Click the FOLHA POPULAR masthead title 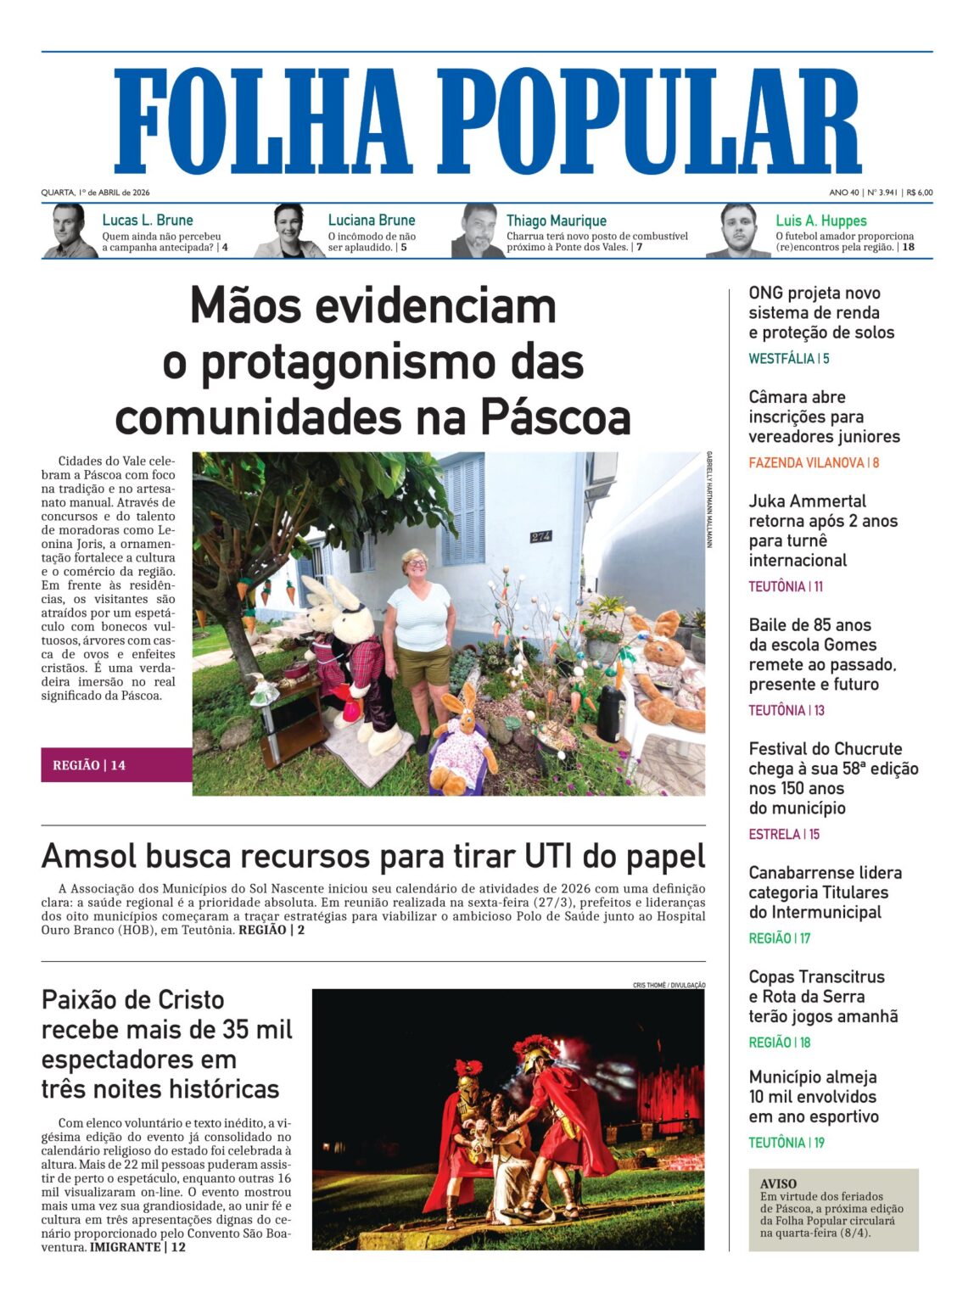point(487,121)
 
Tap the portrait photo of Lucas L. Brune point(70,231)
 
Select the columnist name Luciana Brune point(372,221)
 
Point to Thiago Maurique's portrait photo point(479,231)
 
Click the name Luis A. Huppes point(820,221)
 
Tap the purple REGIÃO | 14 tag point(89,765)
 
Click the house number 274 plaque point(540,537)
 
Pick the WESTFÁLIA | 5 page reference point(788,359)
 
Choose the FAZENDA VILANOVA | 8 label point(813,463)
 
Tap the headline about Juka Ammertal point(822,530)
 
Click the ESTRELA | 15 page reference point(783,835)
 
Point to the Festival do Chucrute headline point(832,778)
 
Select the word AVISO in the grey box point(778,1183)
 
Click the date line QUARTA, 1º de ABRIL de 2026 point(95,193)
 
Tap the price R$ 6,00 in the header point(919,193)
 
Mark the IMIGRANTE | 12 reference point(137,1247)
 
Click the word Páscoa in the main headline point(555,417)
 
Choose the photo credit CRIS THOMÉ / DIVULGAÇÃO point(669,985)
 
